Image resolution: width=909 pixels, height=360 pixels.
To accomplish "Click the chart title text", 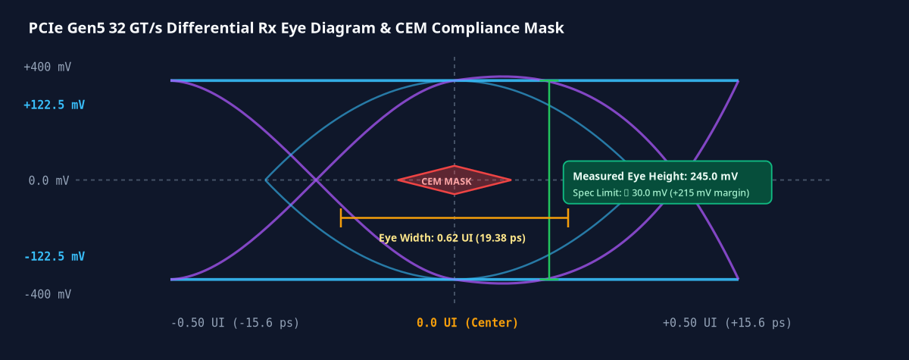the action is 296,28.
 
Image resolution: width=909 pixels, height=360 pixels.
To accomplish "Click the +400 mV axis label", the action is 48,67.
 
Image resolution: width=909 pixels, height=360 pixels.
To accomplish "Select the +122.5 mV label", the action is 54,105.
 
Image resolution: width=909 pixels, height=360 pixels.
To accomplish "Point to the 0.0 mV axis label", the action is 48,180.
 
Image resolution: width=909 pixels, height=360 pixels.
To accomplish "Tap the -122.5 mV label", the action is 55,256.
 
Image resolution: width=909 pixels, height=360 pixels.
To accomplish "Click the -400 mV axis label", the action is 48,294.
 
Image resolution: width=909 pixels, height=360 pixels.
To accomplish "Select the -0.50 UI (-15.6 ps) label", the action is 235,323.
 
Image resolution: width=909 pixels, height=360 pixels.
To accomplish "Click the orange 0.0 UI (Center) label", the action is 467,323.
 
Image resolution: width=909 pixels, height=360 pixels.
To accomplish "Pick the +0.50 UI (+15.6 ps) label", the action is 727,323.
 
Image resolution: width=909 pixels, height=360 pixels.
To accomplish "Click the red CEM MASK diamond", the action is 454,180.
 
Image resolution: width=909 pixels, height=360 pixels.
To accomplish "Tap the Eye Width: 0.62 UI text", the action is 426,238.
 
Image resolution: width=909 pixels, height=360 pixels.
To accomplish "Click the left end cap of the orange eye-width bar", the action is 341,218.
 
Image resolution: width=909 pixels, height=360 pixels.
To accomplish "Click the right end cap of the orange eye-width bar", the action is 568,218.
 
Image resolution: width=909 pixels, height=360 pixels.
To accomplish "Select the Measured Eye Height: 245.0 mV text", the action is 655,176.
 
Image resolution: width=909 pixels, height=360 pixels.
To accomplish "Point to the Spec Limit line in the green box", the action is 661,193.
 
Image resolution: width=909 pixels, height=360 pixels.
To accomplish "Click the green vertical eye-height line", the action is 549,180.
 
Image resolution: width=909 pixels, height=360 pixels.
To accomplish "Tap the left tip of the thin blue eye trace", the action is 265,180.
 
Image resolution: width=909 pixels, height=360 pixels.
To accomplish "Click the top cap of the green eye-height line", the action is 549,81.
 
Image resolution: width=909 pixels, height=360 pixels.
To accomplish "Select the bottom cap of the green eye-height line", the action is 549,280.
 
